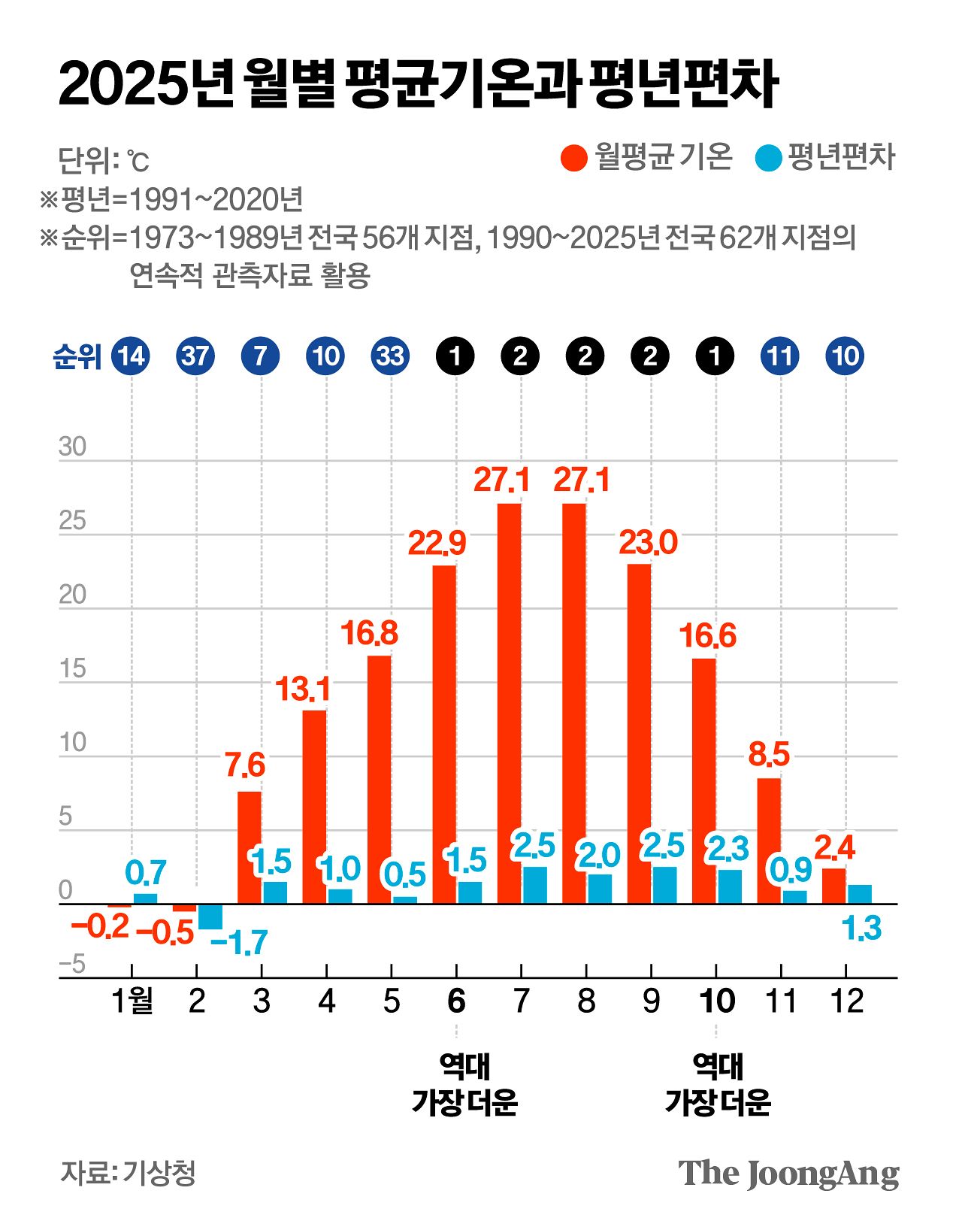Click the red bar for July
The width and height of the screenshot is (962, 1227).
509,703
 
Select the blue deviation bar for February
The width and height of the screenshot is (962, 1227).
210,916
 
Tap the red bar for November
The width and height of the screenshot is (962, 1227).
769,841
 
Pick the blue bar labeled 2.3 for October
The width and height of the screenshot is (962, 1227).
729,886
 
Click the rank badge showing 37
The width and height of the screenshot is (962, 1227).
195,356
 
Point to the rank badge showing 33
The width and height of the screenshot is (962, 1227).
390,356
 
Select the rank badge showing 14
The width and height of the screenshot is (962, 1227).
131,356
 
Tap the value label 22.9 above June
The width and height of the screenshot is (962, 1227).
437,543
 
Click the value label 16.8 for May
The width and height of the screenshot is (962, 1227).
369,634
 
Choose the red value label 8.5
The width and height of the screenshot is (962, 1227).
769,754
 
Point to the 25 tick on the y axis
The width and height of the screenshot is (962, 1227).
73,521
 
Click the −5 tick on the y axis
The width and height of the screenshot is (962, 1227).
72,965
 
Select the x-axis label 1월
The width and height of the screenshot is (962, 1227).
132,1001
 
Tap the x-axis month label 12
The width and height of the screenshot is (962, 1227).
846,1001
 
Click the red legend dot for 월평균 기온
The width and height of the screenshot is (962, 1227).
574,158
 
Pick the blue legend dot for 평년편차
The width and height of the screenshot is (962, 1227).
768,158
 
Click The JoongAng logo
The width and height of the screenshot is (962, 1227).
788,1174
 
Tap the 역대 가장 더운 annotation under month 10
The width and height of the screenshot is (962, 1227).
718,1084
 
